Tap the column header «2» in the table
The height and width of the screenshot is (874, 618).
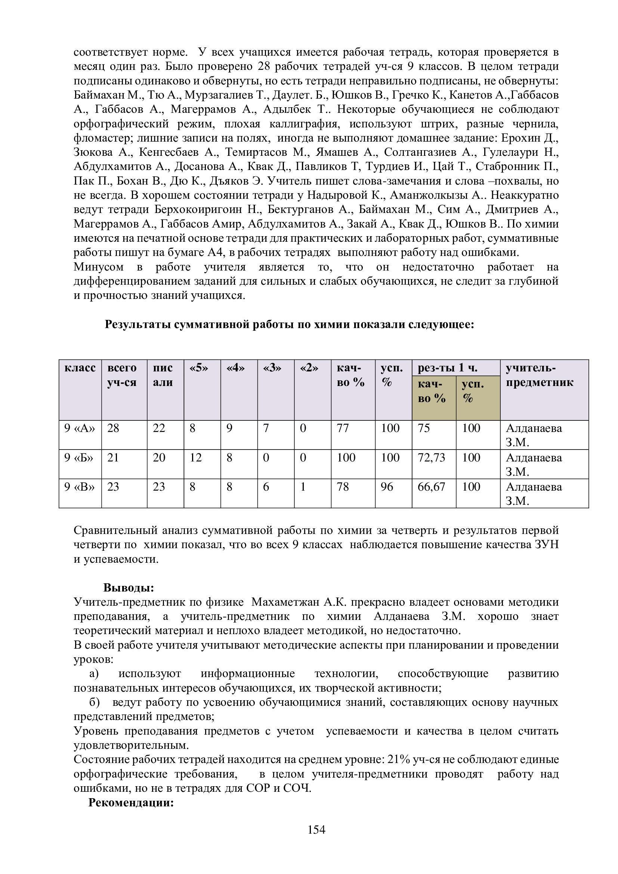pyautogui.click(x=309, y=368)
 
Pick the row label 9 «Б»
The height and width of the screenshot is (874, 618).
pyautogui.click(x=79, y=458)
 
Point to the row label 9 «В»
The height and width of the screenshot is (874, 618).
pyautogui.click(x=79, y=487)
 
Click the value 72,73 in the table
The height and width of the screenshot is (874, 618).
pyautogui.click(x=431, y=458)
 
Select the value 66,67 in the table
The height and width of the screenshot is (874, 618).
pyautogui.click(x=431, y=487)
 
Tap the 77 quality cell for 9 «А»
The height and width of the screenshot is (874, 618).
pyautogui.click(x=343, y=428)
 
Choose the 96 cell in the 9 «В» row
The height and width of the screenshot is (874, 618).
pyautogui.click(x=387, y=487)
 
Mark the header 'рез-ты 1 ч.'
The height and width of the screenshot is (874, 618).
pyautogui.click(x=448, y=368)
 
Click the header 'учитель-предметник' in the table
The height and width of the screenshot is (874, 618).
pyautogui.click(x=539, y=375)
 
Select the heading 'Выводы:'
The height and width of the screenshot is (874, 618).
pyautogui.click(x=129, y=588)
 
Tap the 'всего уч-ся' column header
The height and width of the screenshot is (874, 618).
pyautogui.click(x=122, y=375)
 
